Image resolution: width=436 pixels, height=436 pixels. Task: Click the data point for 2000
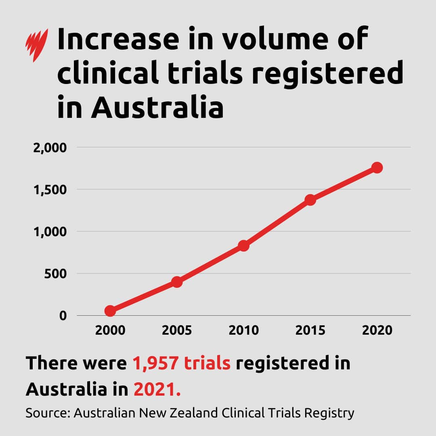(110, 310)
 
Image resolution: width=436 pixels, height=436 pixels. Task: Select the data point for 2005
(177, 282)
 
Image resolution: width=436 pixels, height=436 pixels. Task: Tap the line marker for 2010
(243, 245)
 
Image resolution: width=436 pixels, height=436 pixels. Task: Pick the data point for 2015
(310, 199)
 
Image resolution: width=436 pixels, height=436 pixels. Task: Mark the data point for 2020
(377, 167)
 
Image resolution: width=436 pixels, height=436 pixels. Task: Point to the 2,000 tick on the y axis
(49, 148)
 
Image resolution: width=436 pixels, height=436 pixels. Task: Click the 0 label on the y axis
(63, 316)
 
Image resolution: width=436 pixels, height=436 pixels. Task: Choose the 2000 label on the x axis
(110, 330)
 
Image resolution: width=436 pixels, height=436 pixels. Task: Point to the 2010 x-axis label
(243, 330)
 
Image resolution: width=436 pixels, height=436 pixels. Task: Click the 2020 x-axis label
(377, 330)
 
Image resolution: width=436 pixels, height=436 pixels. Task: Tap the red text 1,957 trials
(181, 364)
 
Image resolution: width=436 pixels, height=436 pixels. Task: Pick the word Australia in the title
(157, 107)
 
